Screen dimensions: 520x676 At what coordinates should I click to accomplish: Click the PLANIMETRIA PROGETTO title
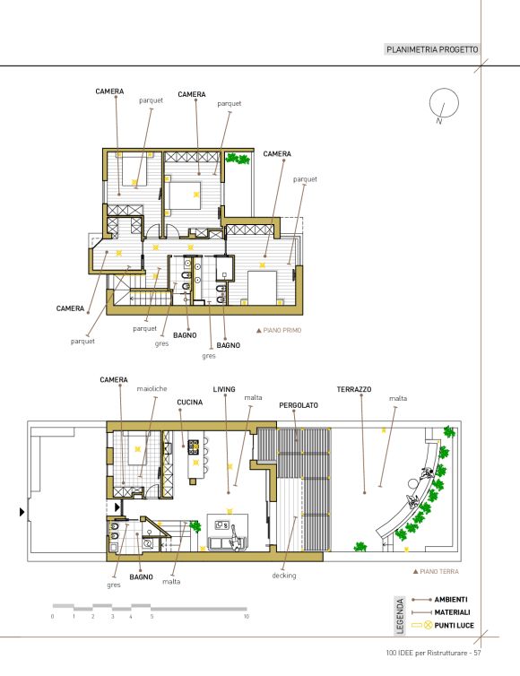[x=432, y=49]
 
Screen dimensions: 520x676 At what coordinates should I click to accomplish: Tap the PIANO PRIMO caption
[x=279, y=330]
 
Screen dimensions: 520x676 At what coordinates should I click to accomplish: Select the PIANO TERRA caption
[x=436, y=571]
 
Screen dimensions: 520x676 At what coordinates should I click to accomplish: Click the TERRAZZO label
[x=354, y=389]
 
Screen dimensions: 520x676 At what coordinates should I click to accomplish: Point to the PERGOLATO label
[x=299, y=405]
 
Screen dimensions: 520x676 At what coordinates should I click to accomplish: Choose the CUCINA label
[x=190, y=403]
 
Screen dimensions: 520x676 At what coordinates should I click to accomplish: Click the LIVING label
[x=224, y=389]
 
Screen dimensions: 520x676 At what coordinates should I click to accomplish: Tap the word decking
[x=284, y=576]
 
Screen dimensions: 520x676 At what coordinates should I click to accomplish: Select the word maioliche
[x=152, y=388]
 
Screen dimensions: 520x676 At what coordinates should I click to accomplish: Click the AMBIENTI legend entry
[x=451, y=599]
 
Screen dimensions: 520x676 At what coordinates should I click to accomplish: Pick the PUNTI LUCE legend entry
[x=454, y=625]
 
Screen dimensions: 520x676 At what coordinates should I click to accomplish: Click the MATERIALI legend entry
[x=452, y=612]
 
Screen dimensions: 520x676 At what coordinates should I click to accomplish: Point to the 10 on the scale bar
[x=247, y=617]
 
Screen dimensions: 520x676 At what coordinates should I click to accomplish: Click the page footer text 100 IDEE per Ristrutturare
[x=429, y=653]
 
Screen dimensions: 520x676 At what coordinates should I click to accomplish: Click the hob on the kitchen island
[x=193, y=446]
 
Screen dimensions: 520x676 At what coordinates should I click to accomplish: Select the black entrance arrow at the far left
[x=22, y=512]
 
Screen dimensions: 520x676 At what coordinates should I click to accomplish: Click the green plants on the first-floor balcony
[x=238, y=158]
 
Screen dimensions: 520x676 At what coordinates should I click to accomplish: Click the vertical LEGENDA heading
[x=400, y=616]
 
